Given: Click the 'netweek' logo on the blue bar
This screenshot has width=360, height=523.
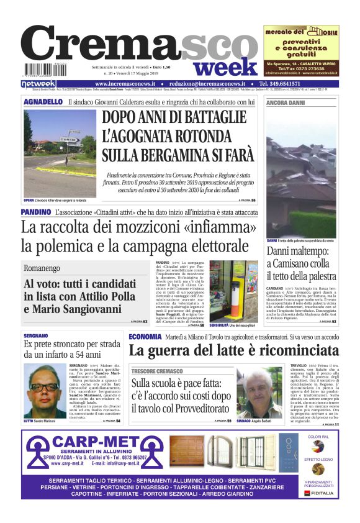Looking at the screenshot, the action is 38,84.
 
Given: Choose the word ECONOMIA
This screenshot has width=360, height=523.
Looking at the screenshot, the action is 145,336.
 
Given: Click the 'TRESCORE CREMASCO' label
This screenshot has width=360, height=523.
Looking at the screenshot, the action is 156,371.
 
